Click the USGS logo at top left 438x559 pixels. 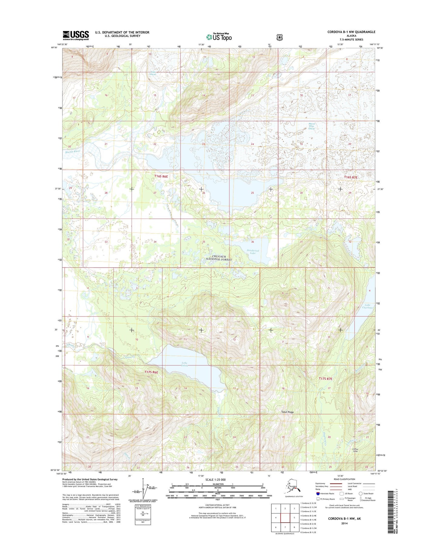(76, 35)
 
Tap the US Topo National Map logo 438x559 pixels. (219, 37)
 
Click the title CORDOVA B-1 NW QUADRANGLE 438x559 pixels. (351, 32)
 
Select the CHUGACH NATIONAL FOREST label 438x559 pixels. (219, 258)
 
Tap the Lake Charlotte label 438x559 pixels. (367, 306)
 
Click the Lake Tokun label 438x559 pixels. (185, 364)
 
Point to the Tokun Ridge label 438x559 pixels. (287, 412)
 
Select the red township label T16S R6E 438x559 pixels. (161, 176)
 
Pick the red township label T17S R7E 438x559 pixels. (326, 378)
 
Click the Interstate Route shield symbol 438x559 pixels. (318, 493)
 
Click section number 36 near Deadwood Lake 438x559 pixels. (252, 242)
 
